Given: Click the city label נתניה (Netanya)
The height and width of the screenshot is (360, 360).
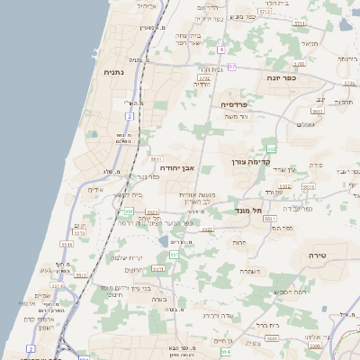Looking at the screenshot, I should pyautogui.click(x=113, y=72).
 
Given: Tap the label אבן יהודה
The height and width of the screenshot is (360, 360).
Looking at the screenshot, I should pyautogui.click(x=177, y=167).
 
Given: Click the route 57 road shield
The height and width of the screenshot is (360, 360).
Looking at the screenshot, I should pyautogui.click(x=231, y=67).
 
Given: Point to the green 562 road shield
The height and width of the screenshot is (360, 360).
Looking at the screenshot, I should pyautogui.click(x=270, y=148).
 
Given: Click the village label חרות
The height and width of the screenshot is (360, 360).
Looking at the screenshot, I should pyautogui.click(x=238, y=242).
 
